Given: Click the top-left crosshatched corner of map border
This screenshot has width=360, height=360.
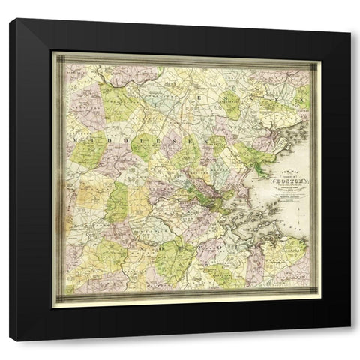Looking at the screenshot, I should pos(58,56).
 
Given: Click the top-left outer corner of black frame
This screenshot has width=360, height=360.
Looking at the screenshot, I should pos(10,19).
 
